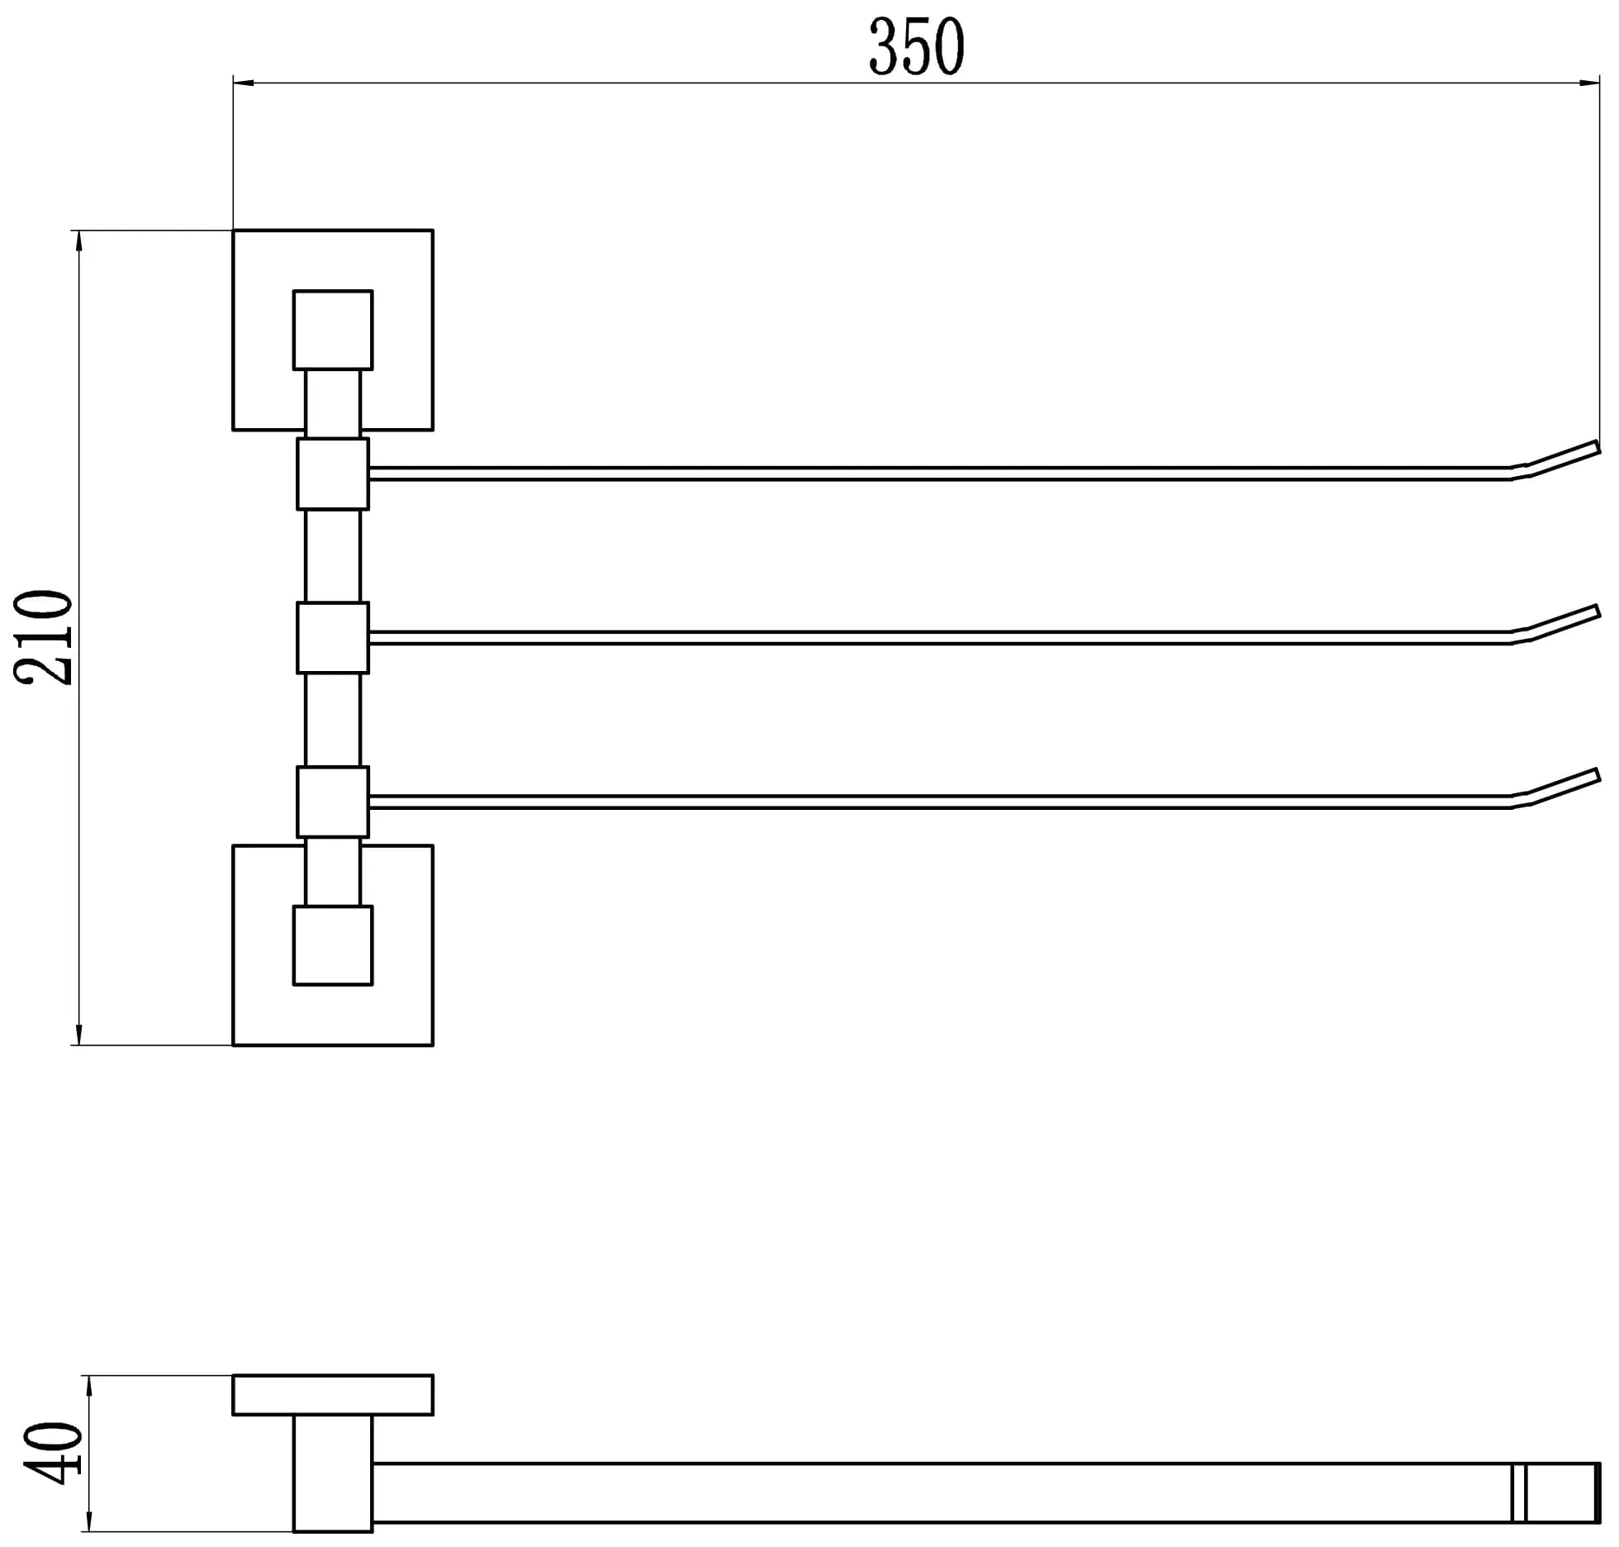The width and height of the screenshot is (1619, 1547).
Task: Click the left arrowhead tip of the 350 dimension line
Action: [x=234, y=83]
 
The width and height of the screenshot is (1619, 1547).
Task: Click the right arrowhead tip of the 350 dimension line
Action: [x=1600, y=83]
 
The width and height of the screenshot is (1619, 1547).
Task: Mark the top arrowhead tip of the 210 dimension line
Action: [x=79, y=231]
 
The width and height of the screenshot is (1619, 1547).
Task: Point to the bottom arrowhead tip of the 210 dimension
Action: [x=79, y=1045]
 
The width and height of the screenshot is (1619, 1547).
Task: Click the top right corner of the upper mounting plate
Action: [x=433, y=231]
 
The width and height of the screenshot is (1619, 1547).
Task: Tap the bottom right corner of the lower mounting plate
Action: [x=433, y=1045]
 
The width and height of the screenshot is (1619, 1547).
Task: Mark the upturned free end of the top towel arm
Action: [x=1598, y=447]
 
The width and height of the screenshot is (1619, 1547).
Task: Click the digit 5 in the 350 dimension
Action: [x=917, y=46]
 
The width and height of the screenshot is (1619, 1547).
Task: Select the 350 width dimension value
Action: [x=917, y=46]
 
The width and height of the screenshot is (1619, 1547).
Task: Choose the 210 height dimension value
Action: [x=44, y=637]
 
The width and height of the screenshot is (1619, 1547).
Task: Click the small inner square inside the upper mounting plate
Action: [x=333, y=330]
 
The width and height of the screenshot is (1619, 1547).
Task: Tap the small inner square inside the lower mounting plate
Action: [x=333, y=945]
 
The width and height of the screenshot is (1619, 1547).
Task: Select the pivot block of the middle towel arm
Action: [x=333, y=638]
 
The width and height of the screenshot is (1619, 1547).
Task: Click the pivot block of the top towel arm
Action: [x=333, y=474]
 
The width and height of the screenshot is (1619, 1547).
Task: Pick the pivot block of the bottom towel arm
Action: [x=333, y=802]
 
